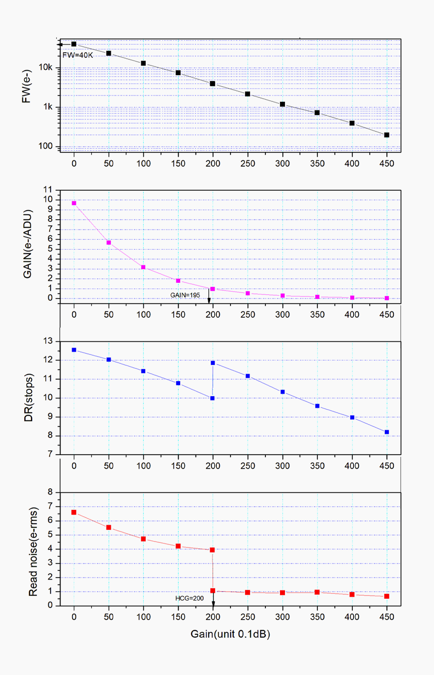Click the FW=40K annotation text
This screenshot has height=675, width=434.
point(78,55)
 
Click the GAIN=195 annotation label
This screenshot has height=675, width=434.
point(185,295)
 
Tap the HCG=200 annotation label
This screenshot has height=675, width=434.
point(189,598)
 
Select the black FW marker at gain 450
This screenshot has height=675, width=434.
point(387,135)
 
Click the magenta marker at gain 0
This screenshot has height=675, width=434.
point(74,203)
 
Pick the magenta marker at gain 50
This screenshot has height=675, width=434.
point(109,243)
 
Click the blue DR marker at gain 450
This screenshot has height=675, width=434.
point(387,432)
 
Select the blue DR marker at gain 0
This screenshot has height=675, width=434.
point(74,350)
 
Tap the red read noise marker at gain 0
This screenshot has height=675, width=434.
point(74,512)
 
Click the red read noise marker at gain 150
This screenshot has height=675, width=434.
point(178,546)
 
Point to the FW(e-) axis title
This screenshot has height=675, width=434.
point(26,86)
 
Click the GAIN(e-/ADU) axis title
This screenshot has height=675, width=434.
point(27,244)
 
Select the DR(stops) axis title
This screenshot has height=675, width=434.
point(29,397)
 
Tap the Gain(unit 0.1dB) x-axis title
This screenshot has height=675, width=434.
point(230,634)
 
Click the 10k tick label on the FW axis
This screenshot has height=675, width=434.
point(46,67)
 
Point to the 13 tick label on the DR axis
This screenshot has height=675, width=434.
point(48,341)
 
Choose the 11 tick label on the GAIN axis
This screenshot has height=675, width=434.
point(48,190)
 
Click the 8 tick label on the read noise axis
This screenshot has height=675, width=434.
point(50,492)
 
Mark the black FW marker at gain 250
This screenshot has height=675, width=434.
point(248,94)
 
